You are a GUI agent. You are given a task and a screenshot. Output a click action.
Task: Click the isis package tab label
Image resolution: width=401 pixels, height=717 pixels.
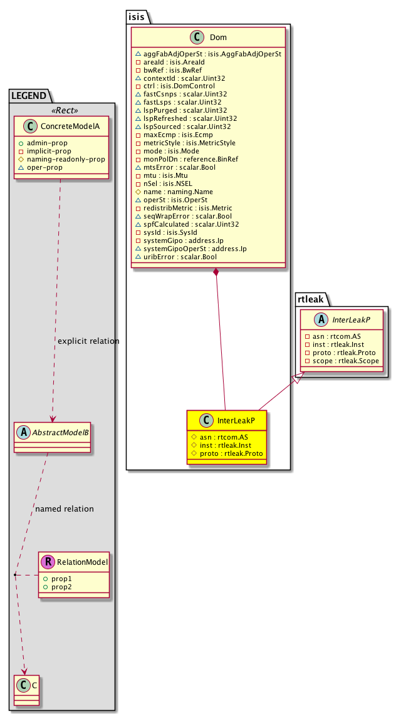tap(137, 17)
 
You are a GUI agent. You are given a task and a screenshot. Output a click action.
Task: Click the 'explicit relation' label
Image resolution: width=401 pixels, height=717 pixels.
tap(88, 341)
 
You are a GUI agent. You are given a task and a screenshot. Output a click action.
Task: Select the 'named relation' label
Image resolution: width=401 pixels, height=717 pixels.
tap(65, 508)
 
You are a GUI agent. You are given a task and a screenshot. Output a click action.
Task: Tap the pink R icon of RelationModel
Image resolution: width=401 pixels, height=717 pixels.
tap(47, 562)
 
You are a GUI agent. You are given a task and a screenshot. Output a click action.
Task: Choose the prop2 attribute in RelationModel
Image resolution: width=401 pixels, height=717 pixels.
tap(61, 586)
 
